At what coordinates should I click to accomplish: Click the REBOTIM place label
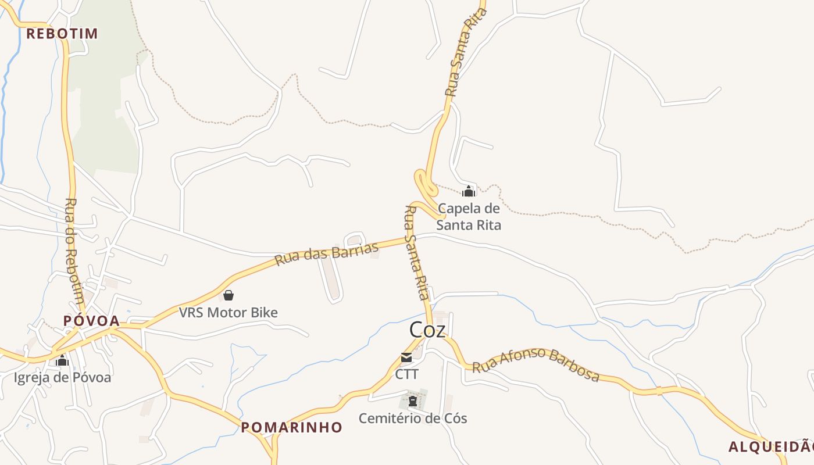pyautogui.click(x=62, y=33)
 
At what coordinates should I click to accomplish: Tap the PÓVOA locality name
pyautogui.click(x=91, y=320)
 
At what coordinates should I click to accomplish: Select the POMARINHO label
pyautogui.click(x=291, y=427)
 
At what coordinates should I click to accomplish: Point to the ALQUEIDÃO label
pyautogui.click(x=771, y=446)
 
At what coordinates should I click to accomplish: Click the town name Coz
pyautogui.click(x=427, y=330)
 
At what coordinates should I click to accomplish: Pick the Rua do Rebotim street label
pyautogui.click(x=74, y=251)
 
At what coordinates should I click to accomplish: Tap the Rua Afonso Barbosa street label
pyautogui.click(x=535, y=364)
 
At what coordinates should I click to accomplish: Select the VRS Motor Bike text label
pyautogui.click(x=228, y=312)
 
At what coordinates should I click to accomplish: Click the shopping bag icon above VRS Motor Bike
pyautogui.click(x=229, y=295)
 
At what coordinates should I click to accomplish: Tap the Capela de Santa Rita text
pyautogui.click(x=469, y=216)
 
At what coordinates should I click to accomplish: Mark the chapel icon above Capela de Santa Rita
pyautogui.click(x=469, y=191)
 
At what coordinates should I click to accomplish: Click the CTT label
pyautogui.click(x=406, y=374)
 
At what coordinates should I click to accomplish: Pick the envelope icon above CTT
pyautogui.click(x=406, y=357)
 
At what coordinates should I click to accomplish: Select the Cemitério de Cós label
pyautogui.click(x=413, y=418)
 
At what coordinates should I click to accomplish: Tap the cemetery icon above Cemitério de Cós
pyautogui.click(x=413, y=400)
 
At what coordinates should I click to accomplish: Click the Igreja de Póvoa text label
pyautogui.click(x=62, y=377)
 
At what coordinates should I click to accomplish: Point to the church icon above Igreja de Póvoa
pyautogui.click(x=62, y=360)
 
